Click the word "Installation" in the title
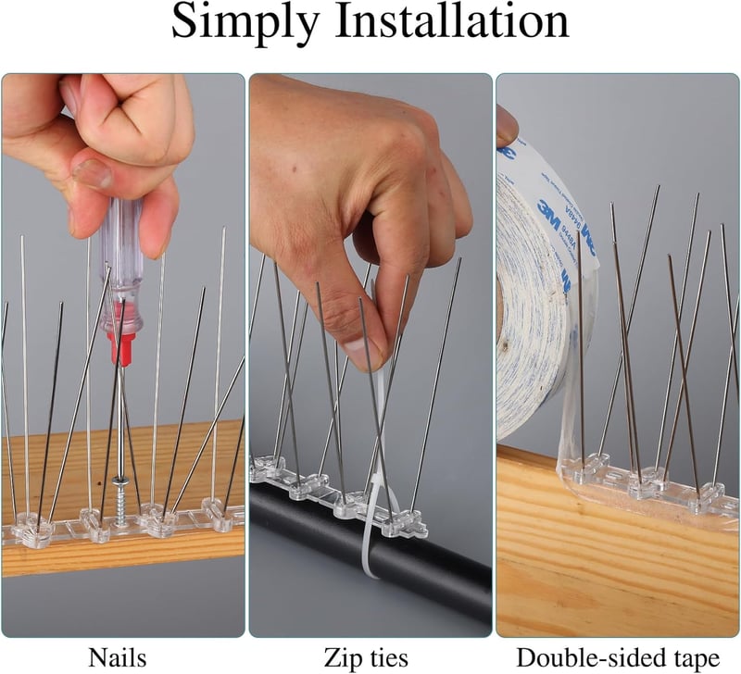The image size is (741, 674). point(452,20)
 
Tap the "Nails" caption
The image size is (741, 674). point(118,657)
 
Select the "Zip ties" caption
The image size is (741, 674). point(366,657)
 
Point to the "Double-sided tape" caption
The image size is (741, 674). point(618,657)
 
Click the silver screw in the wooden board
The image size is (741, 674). point(119,500)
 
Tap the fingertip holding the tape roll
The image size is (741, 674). point(507,125)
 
